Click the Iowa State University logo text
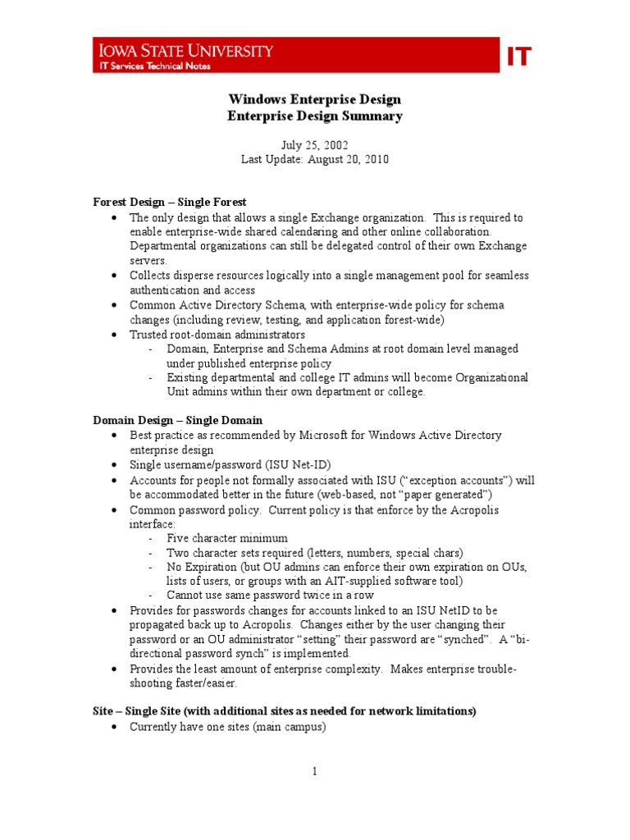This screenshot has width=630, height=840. (182, 51)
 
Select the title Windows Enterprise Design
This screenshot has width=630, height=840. (314, 100)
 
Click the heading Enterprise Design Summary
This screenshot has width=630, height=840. (314, 116)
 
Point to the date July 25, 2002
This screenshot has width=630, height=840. (314, 144)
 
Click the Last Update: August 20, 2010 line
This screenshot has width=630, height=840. (314, 159)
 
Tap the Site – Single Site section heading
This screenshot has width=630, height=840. (284, 711)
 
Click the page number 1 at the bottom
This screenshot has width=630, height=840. (314, 771)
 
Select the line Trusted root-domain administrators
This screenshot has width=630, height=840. (217, 335)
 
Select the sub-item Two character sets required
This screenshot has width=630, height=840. (314, 553)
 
